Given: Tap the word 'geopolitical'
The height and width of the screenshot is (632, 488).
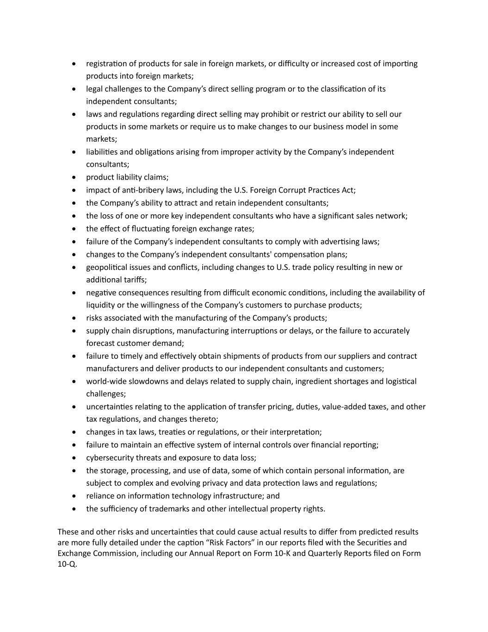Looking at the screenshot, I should click(108, 268).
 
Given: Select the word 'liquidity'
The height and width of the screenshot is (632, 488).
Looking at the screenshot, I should click(101, 305).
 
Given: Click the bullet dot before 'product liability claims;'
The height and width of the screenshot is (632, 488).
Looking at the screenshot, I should click(74, 177).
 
